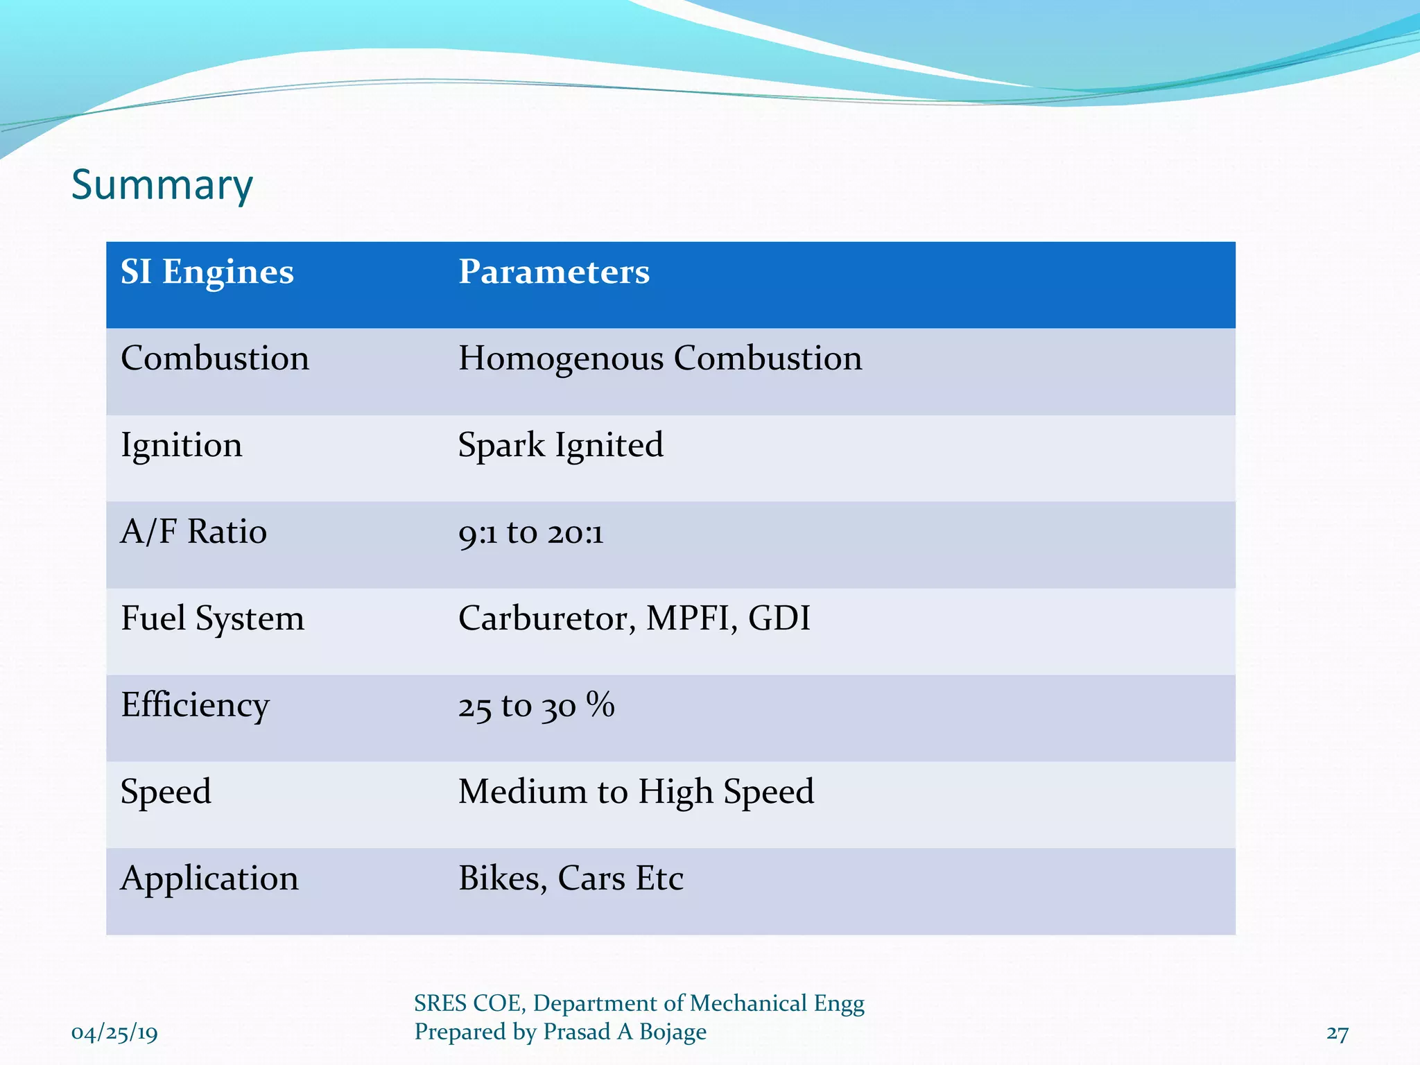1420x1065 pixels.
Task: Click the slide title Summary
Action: [162, 185]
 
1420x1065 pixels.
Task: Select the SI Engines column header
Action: [207, 272]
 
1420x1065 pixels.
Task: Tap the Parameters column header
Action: [554, 272]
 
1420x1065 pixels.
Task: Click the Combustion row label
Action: [215, 358]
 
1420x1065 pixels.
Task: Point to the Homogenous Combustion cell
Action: [660, 358]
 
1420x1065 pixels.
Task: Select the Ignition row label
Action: [182, 445]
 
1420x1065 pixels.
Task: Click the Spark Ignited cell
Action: [560, 445]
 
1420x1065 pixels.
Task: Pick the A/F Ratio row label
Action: [193, 532]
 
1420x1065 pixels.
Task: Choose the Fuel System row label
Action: [212, 618]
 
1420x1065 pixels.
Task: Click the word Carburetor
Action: [546, 618]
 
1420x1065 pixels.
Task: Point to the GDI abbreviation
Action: [779, 618]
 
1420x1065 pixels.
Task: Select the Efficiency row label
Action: [195, 705]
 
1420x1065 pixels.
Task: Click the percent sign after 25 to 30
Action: [600, 704]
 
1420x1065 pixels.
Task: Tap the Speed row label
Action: [166, 792]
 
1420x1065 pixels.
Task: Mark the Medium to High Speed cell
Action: [636, 792]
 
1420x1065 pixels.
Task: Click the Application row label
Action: [209, 878]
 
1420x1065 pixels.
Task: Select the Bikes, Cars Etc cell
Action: [571, 878]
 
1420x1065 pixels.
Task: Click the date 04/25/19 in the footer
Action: [114, 1033]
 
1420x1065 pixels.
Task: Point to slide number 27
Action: [1337, 1033]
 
